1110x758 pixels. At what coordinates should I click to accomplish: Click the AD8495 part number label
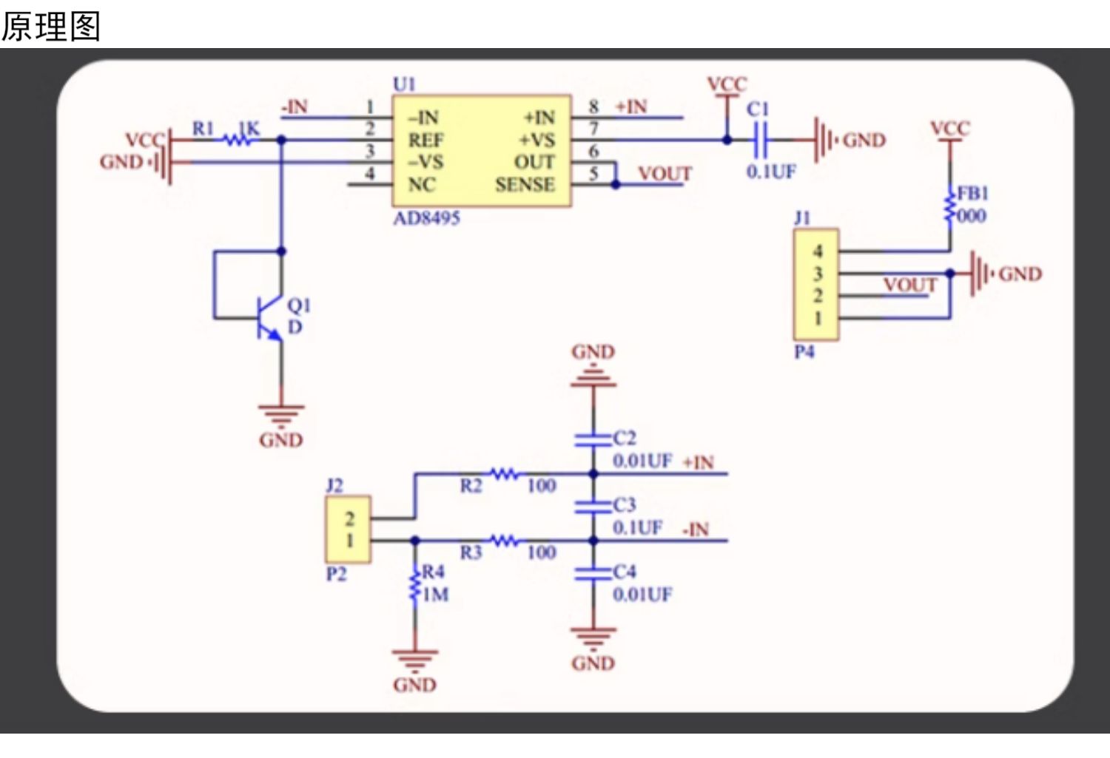pyautogui.click(x=427, y=218)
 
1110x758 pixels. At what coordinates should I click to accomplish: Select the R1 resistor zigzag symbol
pyautogui.click(x=238, y=140)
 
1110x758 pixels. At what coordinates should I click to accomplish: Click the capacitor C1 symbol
pyautogui.click(x=759, y=140)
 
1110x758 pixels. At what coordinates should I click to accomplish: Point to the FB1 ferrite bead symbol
pyautogui.click(x=949, y=205)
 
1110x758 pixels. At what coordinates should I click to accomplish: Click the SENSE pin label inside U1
pyautogui.click(x=525, y=185)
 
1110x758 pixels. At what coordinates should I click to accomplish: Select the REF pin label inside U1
pyautogui.click(x=425, y=141)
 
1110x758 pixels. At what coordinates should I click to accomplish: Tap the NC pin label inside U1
pyautogui.click(x=422, y=185)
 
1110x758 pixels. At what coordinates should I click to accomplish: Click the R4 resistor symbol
pyautogui.click(x=414, y=586)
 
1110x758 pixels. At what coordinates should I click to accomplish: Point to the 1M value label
pyautogui.click(x=436, y=594)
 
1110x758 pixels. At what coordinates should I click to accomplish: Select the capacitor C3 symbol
pyautogui.click(x=593, y=507)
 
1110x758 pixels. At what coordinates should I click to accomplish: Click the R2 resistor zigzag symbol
pyautogui.click(x=505, y=474)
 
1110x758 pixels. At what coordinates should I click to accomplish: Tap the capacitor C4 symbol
pyautogui.click(x=593, y=574)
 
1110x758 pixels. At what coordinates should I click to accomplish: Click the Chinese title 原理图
pyautogui.click(x=51, y=26)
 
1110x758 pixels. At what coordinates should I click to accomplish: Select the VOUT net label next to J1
pyautogui.click(x=910, y=285)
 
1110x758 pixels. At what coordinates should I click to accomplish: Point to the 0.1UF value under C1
pyautogui.click(x=771, y=172)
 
